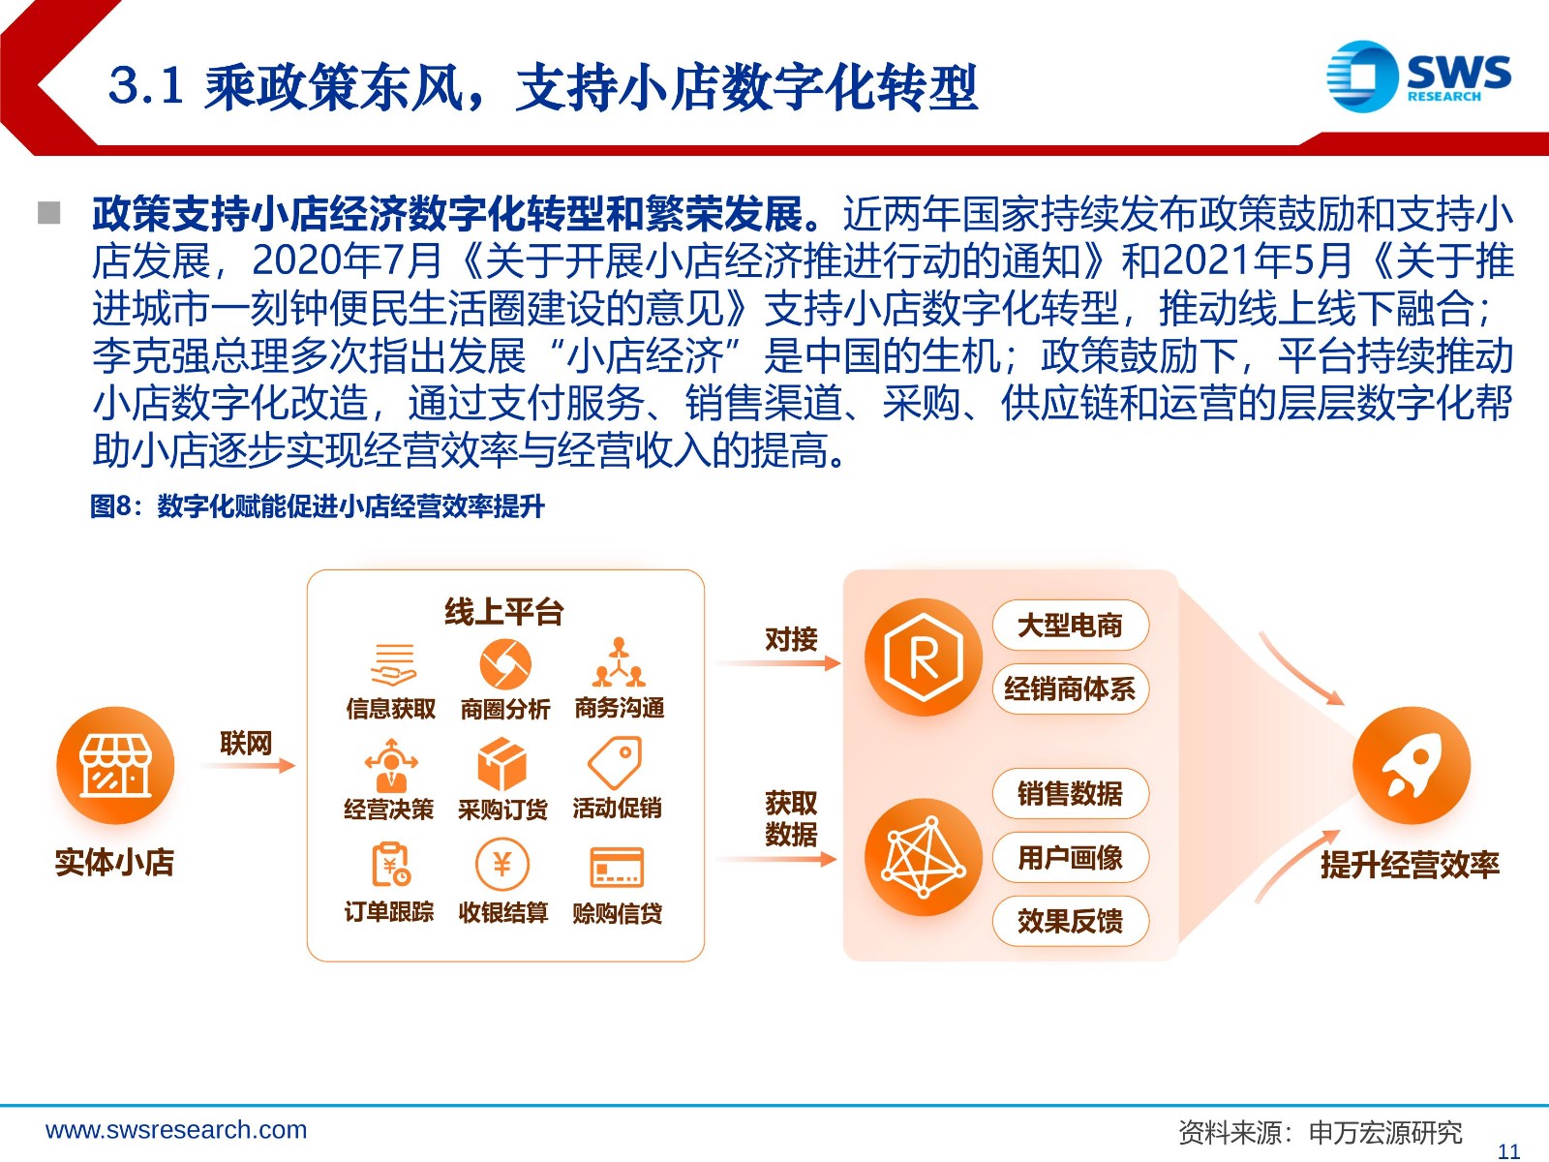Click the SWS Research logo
(1418, 76)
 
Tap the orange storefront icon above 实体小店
(115, 766)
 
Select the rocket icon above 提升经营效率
(1412, 766)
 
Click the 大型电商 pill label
(1070, 626)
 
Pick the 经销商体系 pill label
(1070, 688)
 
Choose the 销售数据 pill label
(1070, 794)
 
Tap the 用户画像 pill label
(1070, 857)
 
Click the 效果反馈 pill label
(1070, 921)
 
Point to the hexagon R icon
(924, 657)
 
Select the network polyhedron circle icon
(924, 857)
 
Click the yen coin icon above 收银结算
(501, 865)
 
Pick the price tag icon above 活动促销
(616, 763)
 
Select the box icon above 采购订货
(501, 764)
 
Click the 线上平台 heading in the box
(503, 612)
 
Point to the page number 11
(1508, 1151)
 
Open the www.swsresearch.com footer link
(176, 1129)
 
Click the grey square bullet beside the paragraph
(48, 212)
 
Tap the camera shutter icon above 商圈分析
(505, 664)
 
